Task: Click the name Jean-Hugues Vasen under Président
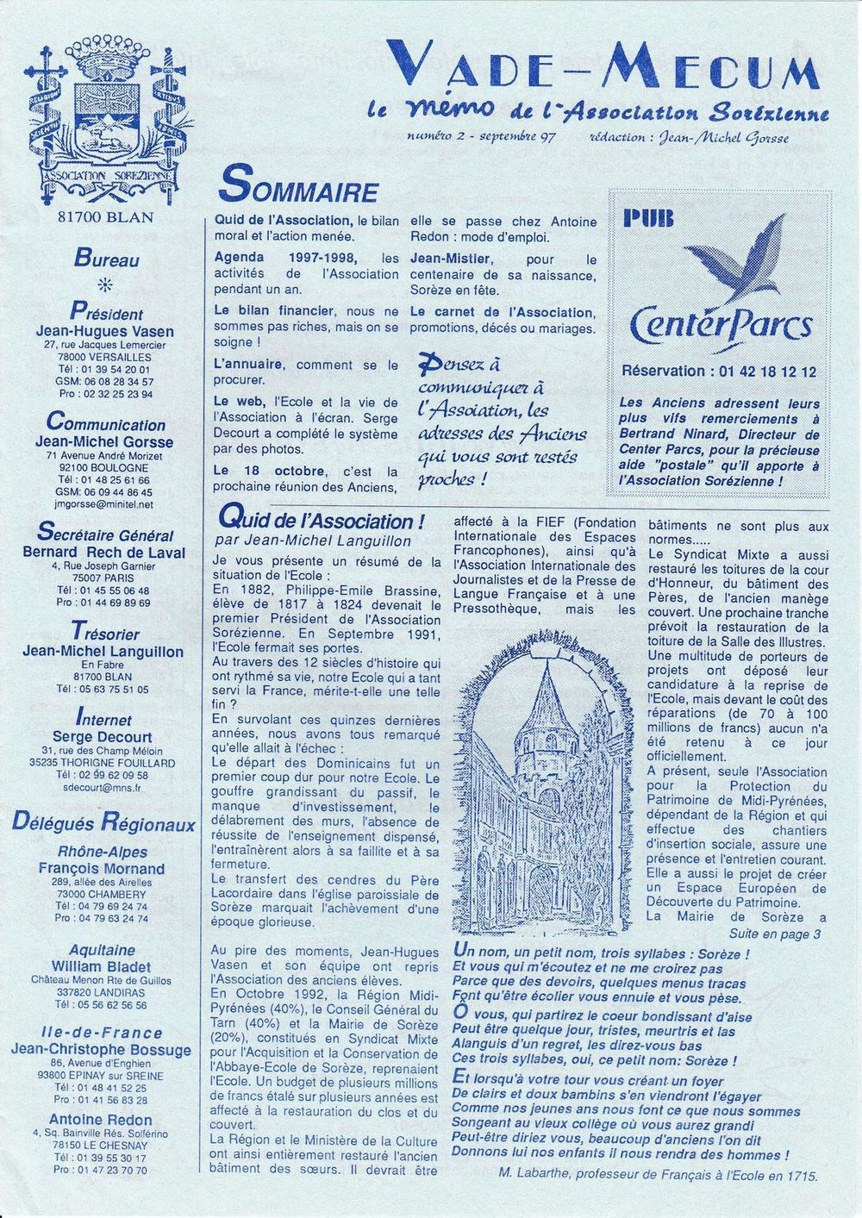point(104,331)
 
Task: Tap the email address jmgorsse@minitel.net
point(104,504)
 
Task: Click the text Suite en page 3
point(774,934)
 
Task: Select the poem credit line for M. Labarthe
point(657,1174)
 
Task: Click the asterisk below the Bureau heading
point(107,285)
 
